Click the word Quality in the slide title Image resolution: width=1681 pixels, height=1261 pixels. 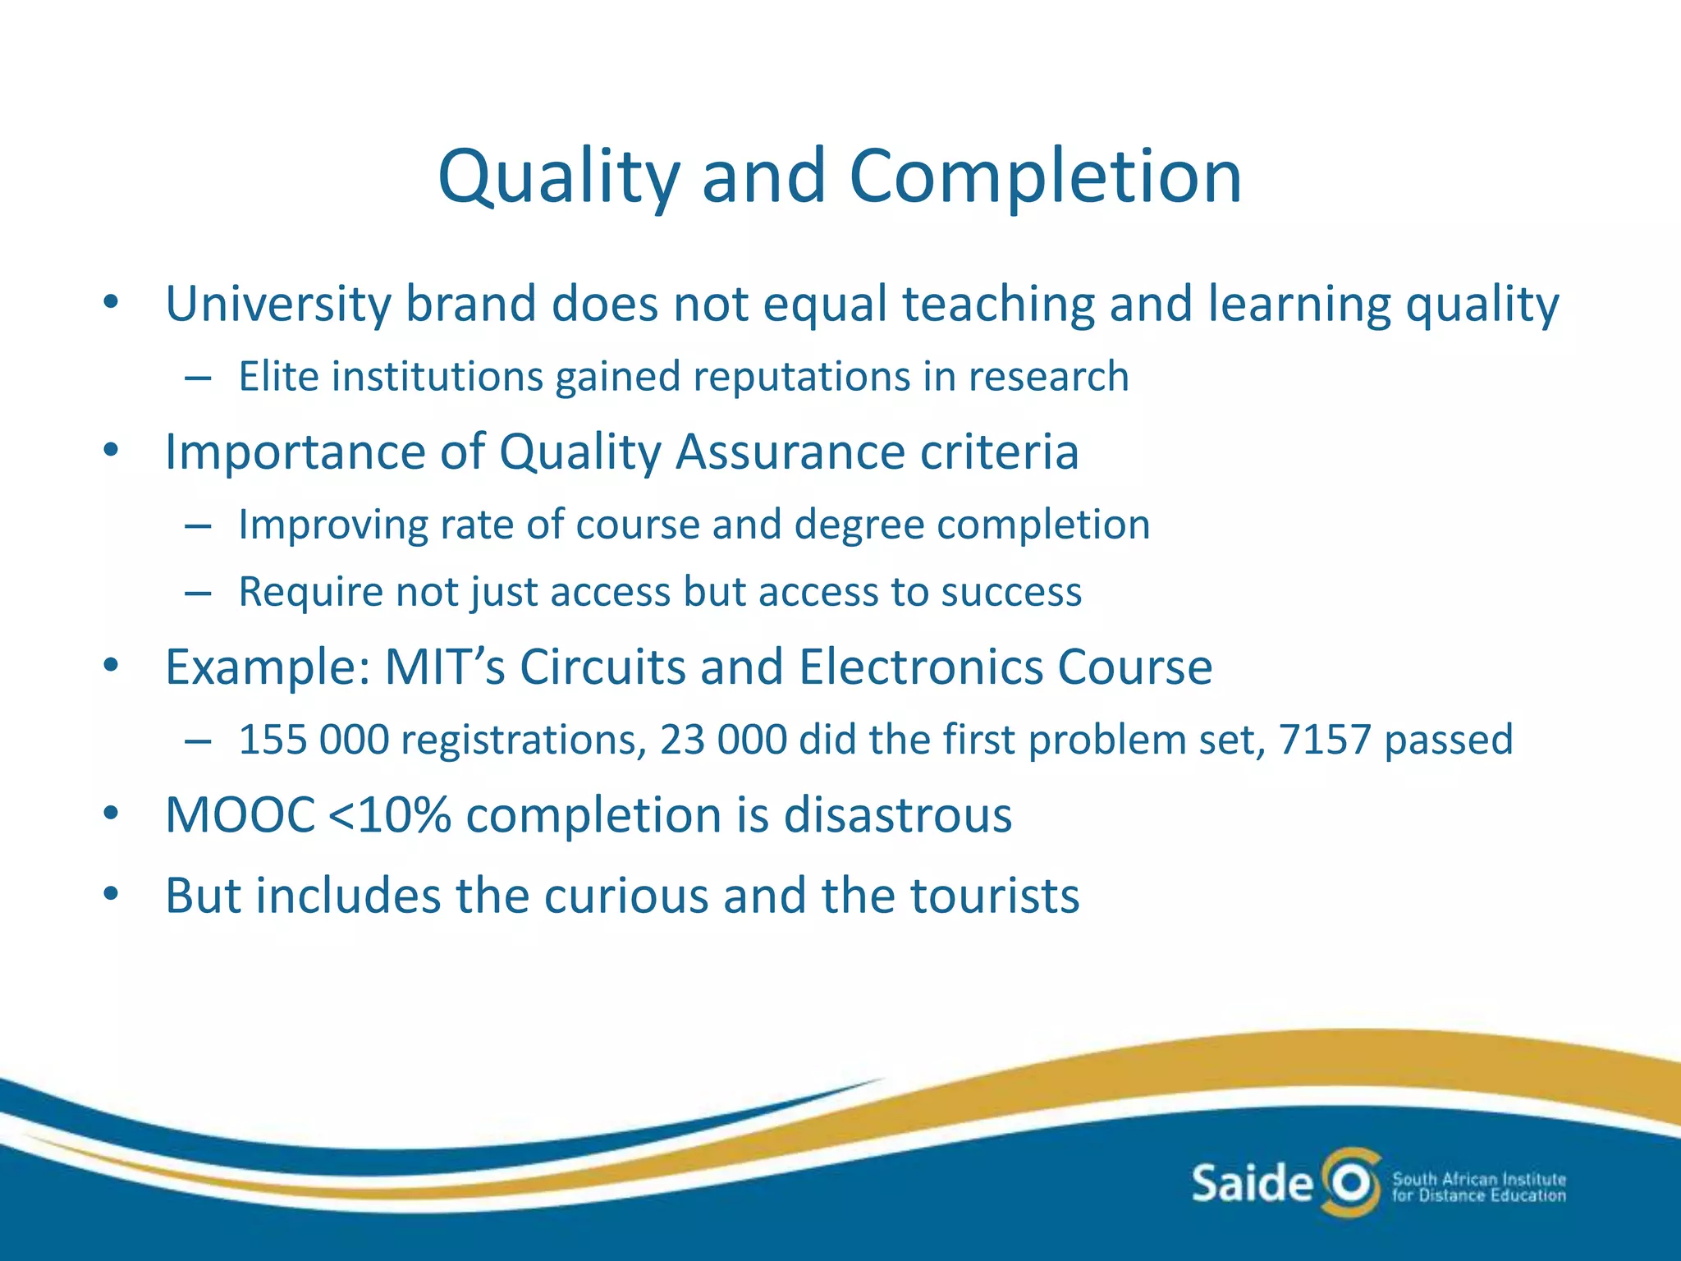pyautogui.click(x=559, y=177)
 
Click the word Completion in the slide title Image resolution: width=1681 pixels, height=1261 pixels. pyautogui.click(x=1045, y=177)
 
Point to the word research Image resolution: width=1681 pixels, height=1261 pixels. pyautogui.click(x=1048, y=377)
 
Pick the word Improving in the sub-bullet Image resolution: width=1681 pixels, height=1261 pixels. pyautogui.click(x=332, y=525)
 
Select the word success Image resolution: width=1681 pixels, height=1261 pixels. pyautogui.click(x=1011, y=592)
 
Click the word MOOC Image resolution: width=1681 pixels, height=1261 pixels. pyautogui.click(x=240, y=815)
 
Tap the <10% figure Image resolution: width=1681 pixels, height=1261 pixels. pyautogui.click(x=389, y=815)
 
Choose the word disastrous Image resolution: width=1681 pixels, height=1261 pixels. pyautogui.click(x=898, y=815)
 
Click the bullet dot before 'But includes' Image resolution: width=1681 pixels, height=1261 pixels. pyautogui.click(x=112, y=894)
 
